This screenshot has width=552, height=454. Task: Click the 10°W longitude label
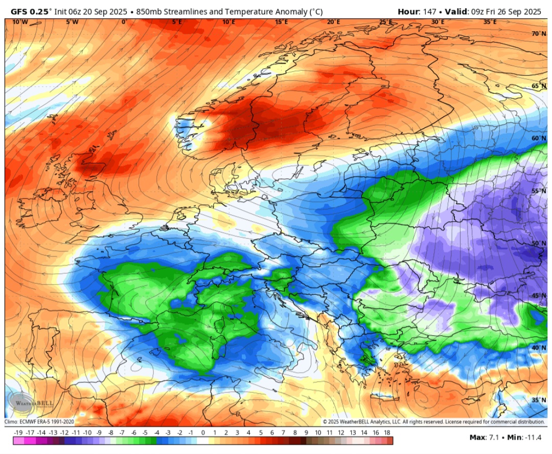20,22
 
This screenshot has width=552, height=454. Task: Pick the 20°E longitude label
333,22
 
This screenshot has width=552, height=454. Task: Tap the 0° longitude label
124,22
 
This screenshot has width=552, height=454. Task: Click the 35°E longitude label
490,22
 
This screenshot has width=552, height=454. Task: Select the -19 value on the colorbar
17,433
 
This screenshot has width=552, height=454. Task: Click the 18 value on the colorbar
387,433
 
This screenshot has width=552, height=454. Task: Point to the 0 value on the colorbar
203,433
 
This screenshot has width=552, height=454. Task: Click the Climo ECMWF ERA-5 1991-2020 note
40,422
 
